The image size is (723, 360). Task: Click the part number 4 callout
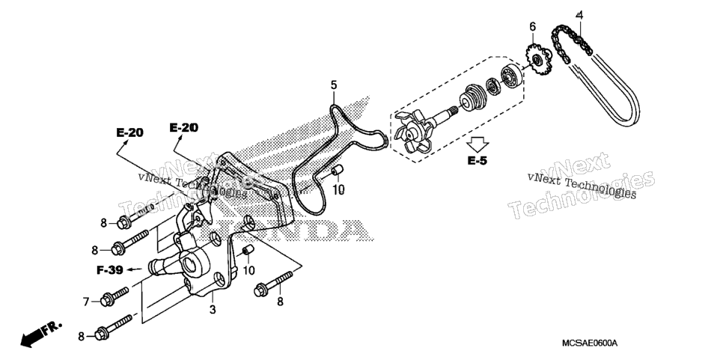(579, 15)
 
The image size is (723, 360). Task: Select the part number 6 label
(533, 27)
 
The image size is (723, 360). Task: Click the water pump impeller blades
(412, 132)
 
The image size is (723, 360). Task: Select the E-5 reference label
(478, 160)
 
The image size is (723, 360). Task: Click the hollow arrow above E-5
(476, 144)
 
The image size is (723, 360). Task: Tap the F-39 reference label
(110, 269)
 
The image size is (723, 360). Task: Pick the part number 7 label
(86, 302)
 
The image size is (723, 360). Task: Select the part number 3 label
(212, 310)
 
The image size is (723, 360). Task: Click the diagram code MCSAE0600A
(589, 344)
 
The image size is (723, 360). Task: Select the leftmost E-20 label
(129, 132)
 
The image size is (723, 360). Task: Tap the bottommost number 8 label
(81, 337)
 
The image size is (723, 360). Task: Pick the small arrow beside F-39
(135, 269)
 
